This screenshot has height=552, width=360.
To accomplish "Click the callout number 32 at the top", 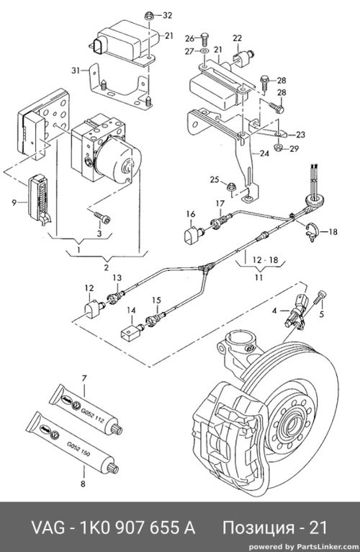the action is tap(167, 15).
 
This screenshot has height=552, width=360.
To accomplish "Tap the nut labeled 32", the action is tap(149, 15).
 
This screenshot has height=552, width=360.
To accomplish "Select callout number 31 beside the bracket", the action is tap(76, 71).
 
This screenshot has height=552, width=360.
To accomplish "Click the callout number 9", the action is tap(14, 202).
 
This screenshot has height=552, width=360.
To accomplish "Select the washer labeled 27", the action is tap(204, 52).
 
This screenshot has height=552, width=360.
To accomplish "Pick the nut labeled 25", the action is tap(231, 187).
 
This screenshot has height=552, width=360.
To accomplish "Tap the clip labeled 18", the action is tap(312, 231).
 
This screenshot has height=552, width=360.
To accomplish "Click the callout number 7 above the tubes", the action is tap(84, 378).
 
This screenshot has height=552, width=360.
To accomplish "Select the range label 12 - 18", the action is tap(266, 260).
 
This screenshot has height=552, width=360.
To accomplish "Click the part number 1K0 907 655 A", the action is tap(138, 527).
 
